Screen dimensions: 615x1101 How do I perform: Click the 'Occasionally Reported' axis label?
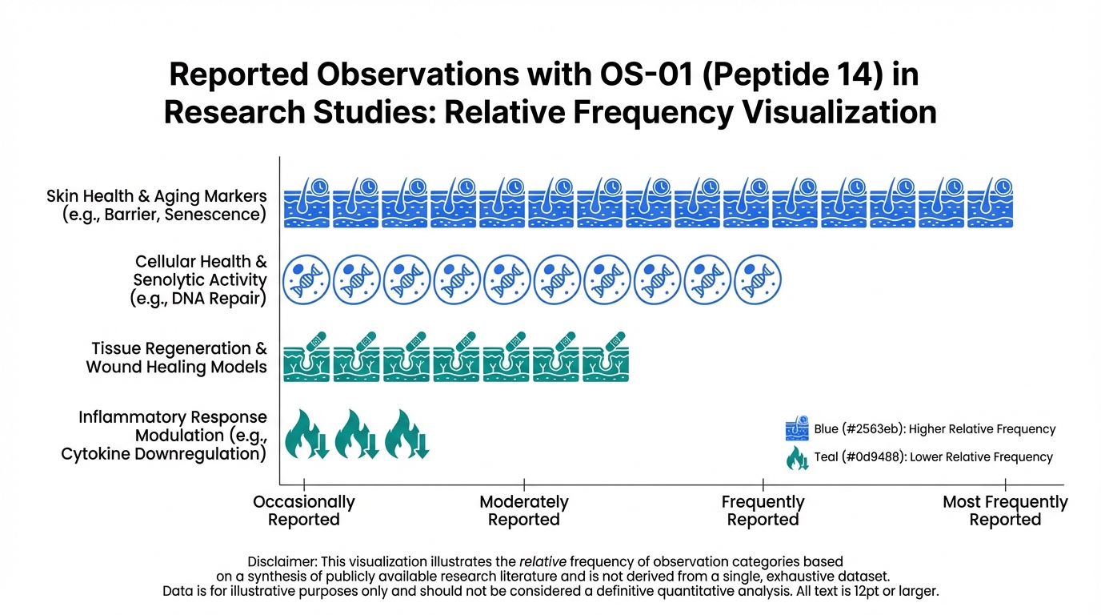[304, 511]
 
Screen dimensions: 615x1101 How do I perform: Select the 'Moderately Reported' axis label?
[524, 511]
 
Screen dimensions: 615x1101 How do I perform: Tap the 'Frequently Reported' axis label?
[763, 511]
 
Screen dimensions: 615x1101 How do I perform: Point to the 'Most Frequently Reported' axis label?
[1005, 511]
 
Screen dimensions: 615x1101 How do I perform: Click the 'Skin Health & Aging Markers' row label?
[157, 206]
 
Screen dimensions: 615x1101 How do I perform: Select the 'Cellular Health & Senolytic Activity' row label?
[200, 280]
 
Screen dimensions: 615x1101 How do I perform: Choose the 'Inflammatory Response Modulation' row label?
[164, 436]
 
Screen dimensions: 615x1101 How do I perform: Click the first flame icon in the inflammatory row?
[306, 434]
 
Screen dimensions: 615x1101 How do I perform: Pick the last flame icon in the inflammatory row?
[406, 434]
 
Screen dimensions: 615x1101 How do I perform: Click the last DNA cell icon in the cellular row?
[756, 278]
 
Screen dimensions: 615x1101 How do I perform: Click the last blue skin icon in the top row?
[990, 202]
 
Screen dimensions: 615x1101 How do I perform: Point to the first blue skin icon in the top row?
[306, 202]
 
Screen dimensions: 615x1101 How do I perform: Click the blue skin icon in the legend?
[798, 429]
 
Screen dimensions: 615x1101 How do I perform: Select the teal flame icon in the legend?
[798, 457]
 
